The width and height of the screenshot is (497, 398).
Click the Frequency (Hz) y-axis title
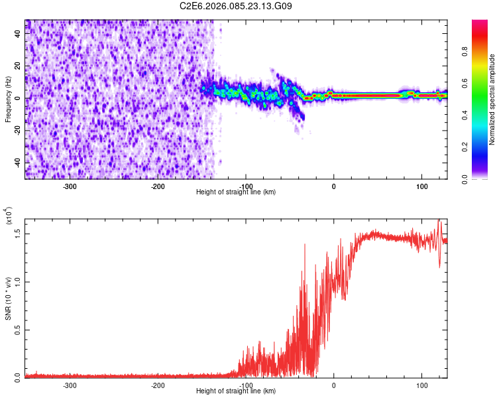click(8, 99)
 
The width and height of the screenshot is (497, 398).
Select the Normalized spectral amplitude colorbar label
click(492, 99)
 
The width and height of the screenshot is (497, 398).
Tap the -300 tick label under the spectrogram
click(70, 186)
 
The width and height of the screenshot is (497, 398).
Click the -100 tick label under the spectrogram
click(246, 186)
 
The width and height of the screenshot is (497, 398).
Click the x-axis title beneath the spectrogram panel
click(236, 192)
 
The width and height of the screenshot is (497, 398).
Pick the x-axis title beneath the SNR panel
click(236, 391)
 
